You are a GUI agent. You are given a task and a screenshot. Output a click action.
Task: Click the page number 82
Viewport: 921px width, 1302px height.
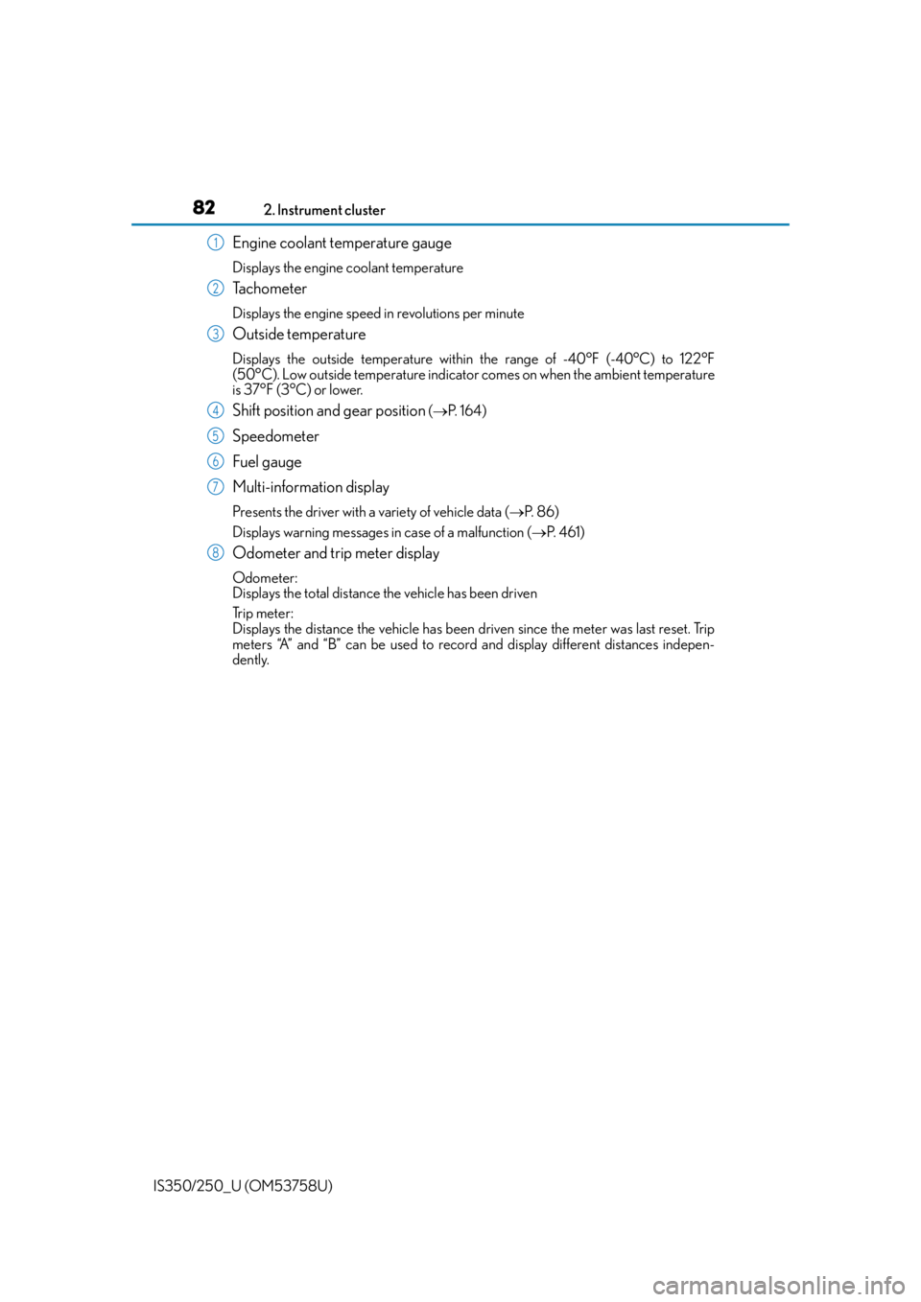click(x=203, y=207)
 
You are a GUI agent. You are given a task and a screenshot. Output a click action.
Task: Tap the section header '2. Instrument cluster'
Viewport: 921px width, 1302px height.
click(x=324, y=210)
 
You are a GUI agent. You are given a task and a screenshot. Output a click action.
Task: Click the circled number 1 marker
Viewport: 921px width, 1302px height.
click(x=215, y=243)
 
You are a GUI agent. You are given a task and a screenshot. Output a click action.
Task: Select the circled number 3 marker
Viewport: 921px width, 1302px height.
click(x=215, y=334)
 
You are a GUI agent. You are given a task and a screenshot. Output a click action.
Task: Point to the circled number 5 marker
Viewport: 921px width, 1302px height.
click(x=215, y=435)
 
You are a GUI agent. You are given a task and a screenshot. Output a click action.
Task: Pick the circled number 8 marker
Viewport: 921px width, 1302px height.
click(x=215, y=552)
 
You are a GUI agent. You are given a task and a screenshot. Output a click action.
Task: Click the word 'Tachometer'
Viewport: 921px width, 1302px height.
click(x=270, y=289)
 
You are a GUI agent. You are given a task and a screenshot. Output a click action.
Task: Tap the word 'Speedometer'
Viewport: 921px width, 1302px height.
click(x=275, y=436)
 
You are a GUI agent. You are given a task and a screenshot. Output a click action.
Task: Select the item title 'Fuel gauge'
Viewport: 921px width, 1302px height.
click(x=267, y=462)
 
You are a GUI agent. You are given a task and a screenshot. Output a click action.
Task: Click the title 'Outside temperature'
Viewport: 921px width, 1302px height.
click(x=299, y=335)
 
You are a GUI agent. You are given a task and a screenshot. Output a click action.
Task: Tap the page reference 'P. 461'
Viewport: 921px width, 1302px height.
click(x=563, y=532)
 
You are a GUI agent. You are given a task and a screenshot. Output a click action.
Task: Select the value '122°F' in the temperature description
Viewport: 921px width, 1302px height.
click(x=697, y=359)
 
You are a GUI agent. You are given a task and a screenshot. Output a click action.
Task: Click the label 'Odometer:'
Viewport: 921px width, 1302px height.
click(x=265, y=578)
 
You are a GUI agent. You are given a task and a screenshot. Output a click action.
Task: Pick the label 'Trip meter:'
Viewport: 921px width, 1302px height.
click(x=263, y=614)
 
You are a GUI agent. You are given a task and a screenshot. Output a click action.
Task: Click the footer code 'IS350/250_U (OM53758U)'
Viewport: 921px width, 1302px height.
click(x=243, y=1186)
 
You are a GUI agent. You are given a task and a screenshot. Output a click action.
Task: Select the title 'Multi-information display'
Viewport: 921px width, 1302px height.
click(x=311, y=487)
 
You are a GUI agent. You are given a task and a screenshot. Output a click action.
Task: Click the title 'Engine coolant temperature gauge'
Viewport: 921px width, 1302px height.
click(x=342, y=243)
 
